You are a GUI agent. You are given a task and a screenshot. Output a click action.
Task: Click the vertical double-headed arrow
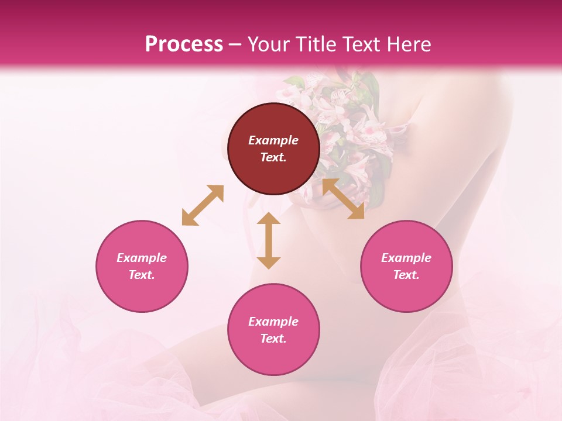269,240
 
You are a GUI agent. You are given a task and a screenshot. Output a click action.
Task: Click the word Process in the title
184,44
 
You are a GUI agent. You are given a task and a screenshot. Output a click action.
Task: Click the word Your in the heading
266,44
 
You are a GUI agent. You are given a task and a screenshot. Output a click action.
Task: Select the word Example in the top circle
273,140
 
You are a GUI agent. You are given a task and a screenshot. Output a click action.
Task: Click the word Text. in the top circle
273,157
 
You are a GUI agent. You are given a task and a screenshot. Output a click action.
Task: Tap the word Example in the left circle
142,258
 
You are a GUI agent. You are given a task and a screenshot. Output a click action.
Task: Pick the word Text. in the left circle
142,275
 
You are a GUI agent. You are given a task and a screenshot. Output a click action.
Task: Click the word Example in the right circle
406,258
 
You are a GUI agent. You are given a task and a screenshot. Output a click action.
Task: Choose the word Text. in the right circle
406,275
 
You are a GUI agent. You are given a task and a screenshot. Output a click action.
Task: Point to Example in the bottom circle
273,322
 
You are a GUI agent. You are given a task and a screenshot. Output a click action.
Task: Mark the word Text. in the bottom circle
273,339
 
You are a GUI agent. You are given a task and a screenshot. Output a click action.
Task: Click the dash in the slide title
235,44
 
